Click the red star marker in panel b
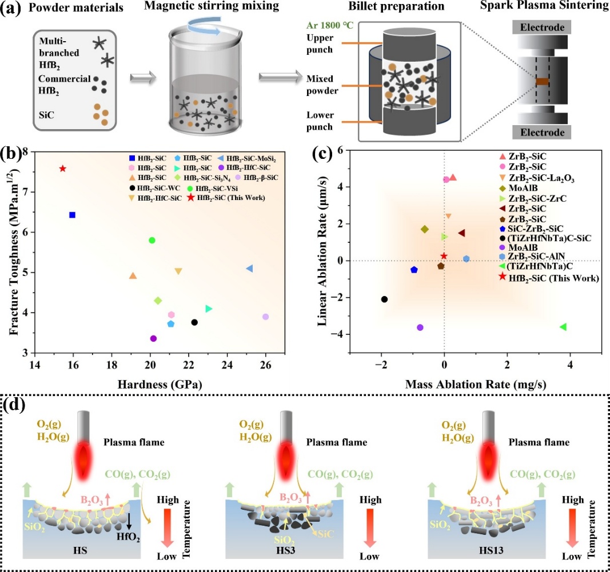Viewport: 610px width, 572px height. [63, 169]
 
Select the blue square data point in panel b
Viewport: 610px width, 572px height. [72, 215]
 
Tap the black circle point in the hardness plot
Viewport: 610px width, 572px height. [194, 322]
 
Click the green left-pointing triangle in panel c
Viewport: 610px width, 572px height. [563, 327]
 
